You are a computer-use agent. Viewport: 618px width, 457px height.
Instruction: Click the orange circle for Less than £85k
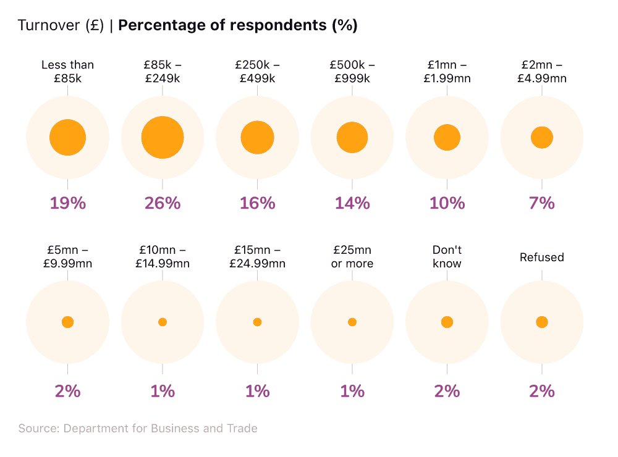(67, 137)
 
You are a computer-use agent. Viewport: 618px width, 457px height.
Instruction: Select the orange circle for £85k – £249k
(163, 137)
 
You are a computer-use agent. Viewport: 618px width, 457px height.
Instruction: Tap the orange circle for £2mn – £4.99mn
(542, 137)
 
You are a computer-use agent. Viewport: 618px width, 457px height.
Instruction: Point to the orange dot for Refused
(542, 322)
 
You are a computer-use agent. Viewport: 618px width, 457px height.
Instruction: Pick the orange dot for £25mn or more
(352, 322)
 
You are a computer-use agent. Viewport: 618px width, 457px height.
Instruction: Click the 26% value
(163, 203)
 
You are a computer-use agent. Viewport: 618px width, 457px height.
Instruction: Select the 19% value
(67, 203)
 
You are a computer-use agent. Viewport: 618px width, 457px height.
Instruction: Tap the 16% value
(257, 203)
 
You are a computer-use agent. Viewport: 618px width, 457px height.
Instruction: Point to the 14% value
(352, 203)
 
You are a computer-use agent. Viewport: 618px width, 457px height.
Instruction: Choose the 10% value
(447, 203)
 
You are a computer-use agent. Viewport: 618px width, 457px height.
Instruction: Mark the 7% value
(542, 203)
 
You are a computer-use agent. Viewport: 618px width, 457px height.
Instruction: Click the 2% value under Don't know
(447, 391)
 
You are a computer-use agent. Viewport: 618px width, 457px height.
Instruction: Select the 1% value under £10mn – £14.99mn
(163, 391)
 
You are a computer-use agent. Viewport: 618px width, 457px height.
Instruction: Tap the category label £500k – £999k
(352, 71)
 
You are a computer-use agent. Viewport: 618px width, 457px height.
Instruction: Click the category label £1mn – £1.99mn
(447, 71)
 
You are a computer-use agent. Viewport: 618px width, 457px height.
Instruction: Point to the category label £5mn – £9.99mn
(67, 256)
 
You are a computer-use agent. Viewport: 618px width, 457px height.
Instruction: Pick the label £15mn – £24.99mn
(257, 256)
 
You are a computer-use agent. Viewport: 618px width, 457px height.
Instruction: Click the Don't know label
(447, 256)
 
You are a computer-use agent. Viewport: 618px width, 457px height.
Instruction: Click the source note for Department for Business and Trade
(138, 428)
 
